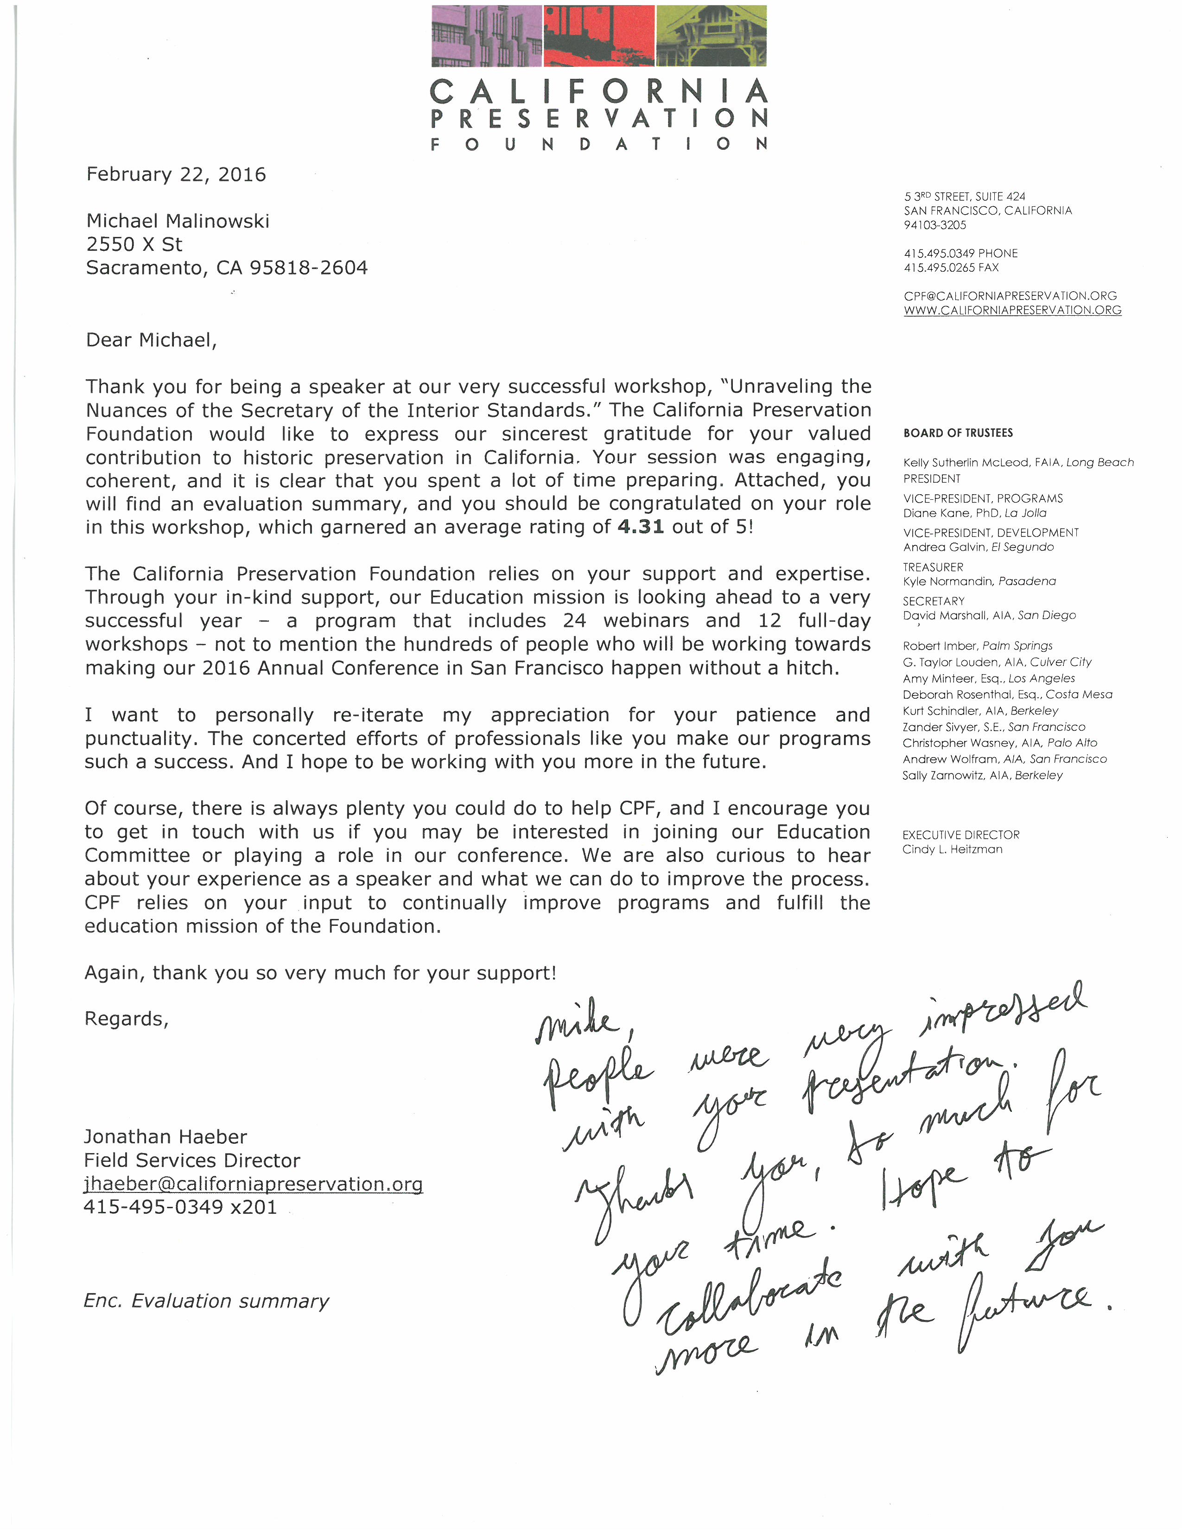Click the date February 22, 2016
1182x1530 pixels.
click(x=176, y=174)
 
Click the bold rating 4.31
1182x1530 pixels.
click(x=640, y=527)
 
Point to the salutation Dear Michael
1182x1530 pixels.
click(x=151, y=340)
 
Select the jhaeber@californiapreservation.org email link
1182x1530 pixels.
click(x=253, y=1184)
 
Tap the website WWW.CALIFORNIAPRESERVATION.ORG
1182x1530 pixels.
click(x=1012, y=310)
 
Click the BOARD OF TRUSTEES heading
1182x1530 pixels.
click(x=958, y=433)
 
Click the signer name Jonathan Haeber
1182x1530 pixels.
click(x=165, y=1137)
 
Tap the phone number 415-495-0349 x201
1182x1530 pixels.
click(x=180, y=1207)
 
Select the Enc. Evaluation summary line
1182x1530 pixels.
click(x=206, y=1301)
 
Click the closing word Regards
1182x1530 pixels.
click(x=126, y=1019)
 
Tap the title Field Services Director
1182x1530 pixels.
click(x=192, y=1161)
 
